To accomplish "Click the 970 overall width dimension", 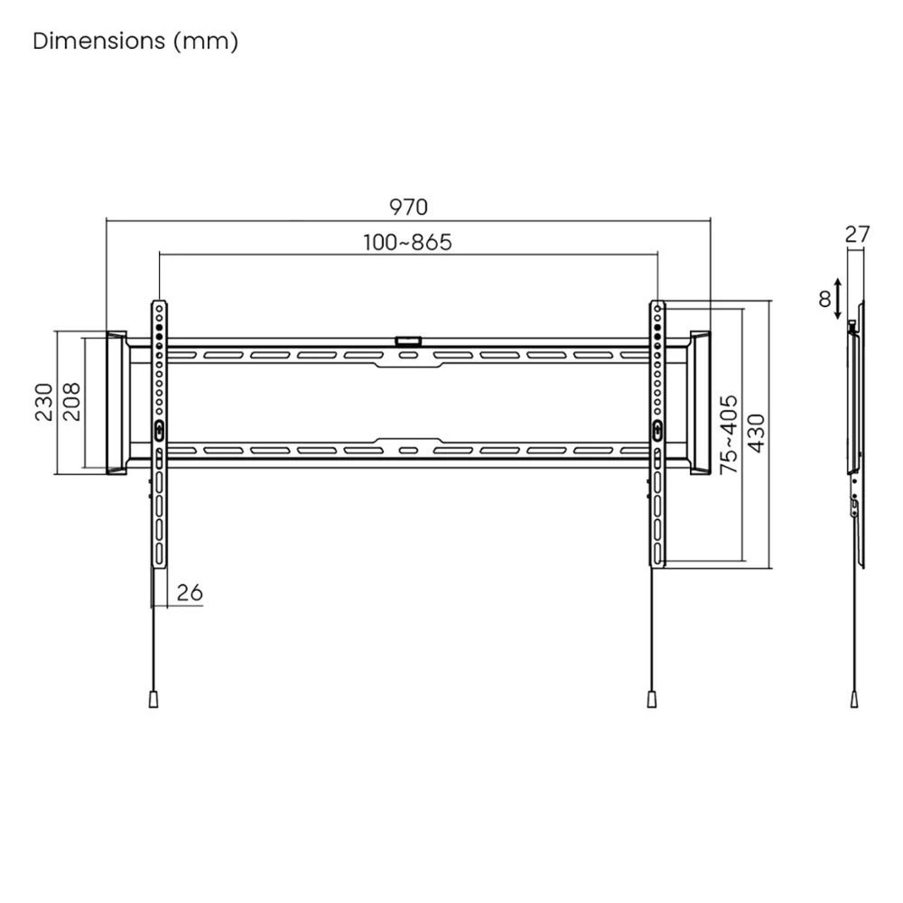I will tap(408, 208).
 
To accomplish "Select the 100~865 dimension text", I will tap(407, 242).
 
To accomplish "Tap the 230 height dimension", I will tap(43, 402).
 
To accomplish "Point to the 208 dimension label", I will tap(72, 402).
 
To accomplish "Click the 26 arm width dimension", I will tap(189, 592).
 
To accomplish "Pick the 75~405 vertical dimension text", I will tap(729, 434).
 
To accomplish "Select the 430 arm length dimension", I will tap(756, 434).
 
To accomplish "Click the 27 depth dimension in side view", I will tap(857, 234).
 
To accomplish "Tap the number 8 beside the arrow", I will tap(824, 299).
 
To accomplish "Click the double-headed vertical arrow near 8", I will tap(840, 299).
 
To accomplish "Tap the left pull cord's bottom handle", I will tap(154, 699).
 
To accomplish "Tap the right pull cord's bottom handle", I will tap(650, 699).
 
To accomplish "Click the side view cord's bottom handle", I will tap(854, 699).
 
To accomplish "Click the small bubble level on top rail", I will tap(408, 340).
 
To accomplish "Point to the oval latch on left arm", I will tap(160, 431).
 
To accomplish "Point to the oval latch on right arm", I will tap(656, 431).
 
